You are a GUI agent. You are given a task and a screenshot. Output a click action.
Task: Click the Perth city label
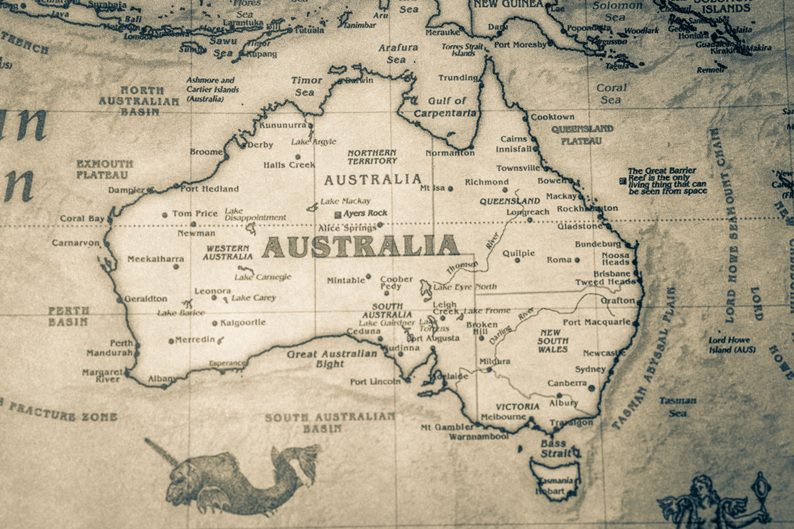(122, 343)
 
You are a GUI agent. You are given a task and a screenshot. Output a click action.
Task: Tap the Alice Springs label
(347, 228)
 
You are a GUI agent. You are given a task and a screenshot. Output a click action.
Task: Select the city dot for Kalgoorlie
(215, 324)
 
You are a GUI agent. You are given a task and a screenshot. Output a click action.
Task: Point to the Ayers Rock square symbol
(337, 214)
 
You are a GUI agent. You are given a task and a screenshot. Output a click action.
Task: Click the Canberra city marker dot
(591, 388)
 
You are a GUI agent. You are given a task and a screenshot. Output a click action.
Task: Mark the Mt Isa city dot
(450, 189)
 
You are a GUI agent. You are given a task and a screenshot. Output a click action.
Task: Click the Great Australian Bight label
(332, 359)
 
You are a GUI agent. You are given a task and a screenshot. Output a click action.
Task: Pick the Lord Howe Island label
(732, 345)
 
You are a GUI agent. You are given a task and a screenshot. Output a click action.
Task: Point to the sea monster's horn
(162, 452)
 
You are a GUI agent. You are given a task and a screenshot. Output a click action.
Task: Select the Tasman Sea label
(677, 407)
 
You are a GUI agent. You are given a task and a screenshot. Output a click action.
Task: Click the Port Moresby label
(520, 45)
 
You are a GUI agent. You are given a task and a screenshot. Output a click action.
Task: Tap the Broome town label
(206, 152)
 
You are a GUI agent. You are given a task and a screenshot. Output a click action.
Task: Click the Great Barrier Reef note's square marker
(623, 181)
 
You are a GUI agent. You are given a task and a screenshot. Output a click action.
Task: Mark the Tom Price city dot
(165, 215)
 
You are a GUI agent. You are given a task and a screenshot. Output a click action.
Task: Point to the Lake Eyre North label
(465, 287)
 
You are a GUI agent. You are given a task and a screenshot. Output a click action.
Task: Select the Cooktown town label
(553, 117)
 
